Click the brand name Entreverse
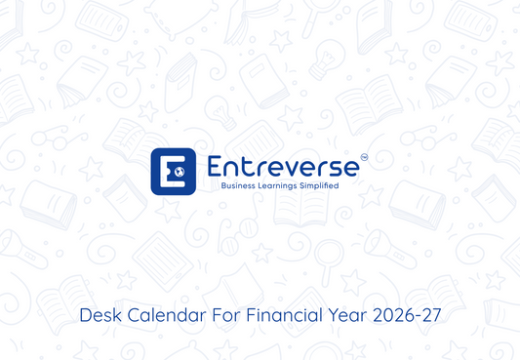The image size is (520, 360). click(x=282, y=166)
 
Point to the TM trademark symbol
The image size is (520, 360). click(x=364, y=157)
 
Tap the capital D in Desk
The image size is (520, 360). click(x=84, y=316)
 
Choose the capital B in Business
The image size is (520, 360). click(x=224, y=184)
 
